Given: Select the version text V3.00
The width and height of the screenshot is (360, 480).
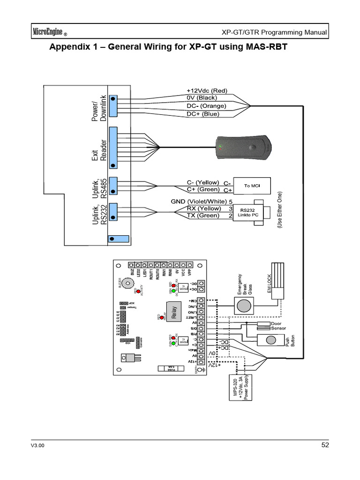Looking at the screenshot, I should click(37, 446).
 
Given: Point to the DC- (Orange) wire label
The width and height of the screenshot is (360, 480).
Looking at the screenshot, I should click(206, 106).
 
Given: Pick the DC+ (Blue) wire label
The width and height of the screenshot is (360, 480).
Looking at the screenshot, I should click(202, 113).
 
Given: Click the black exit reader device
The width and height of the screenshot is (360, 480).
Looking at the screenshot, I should click(243, 146).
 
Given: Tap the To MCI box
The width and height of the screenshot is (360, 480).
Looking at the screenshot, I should click(252, 186).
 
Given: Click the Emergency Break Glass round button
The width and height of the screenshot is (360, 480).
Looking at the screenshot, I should click(243, 306).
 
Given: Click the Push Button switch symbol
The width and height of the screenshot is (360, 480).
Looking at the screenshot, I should click(271, 340).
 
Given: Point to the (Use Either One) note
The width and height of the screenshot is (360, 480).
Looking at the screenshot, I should click(280, 210).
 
